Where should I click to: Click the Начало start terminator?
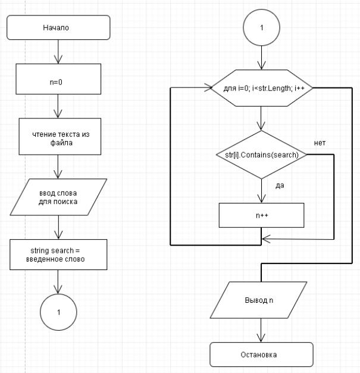click(58, 27)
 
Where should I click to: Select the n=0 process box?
click(58, 79)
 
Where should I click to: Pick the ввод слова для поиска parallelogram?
click(58, 196)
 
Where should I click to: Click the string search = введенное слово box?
click(58, 255)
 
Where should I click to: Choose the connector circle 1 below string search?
click(58, 311)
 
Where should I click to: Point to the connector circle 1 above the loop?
click(261, 28)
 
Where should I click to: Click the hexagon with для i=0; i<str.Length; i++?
click(261, 88)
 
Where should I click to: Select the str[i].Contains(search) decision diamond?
click(261, 155)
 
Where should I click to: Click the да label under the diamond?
click(279, 185)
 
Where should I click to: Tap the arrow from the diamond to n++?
click(261, 192)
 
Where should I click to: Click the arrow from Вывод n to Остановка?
click(261, 330)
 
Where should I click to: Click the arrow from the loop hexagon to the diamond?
click(261, 119)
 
